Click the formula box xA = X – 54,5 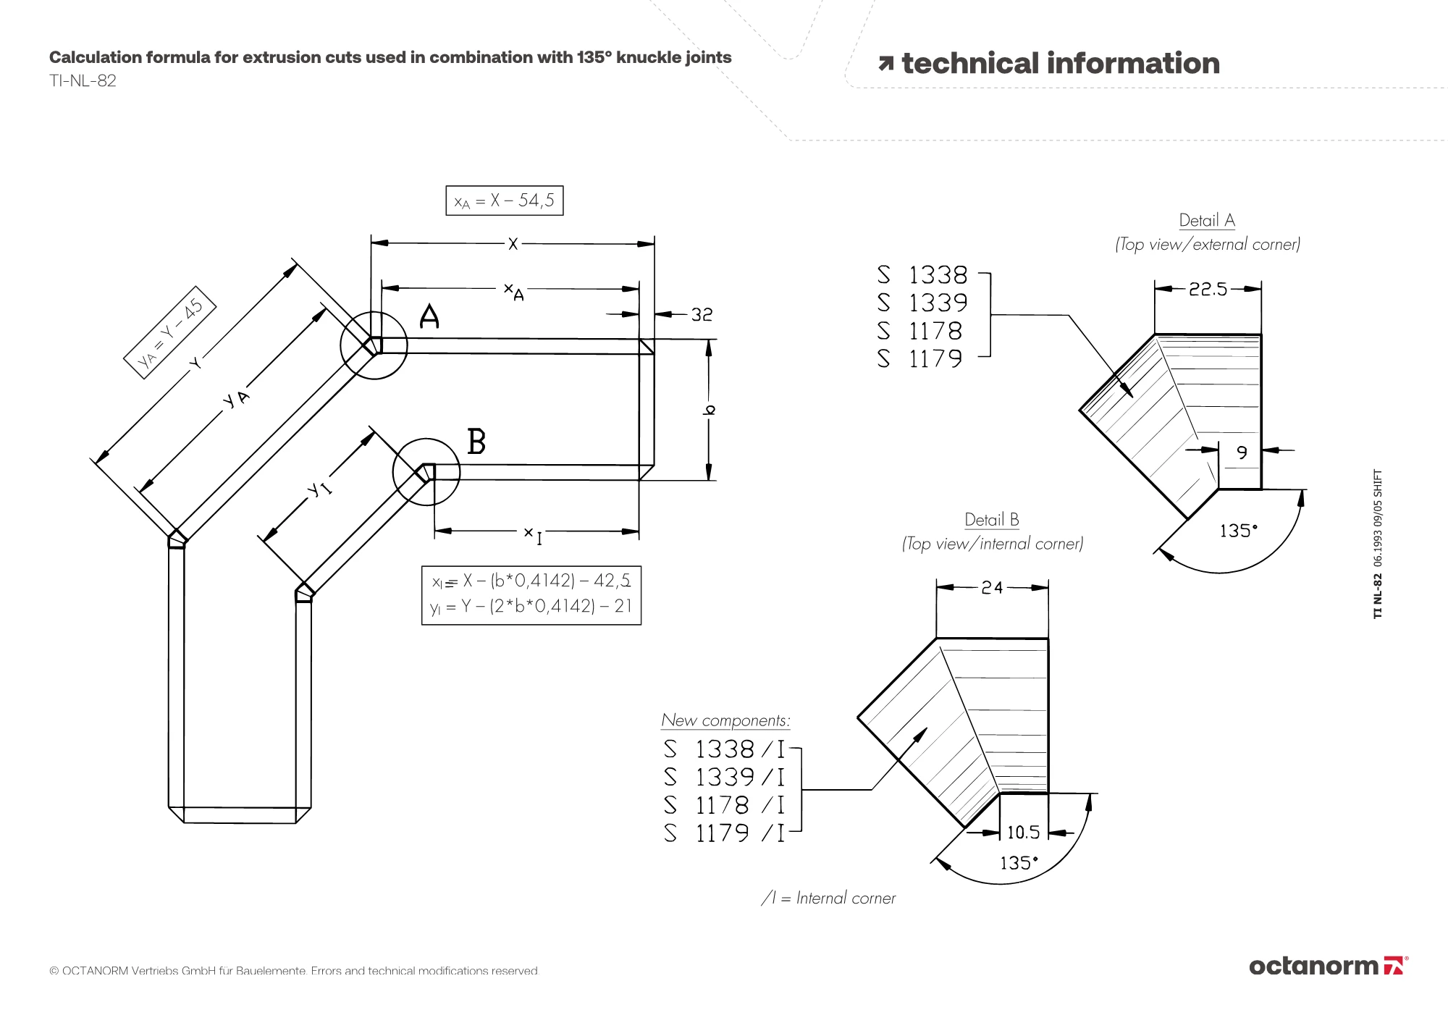504,201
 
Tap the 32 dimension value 702,315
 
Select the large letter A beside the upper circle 429,316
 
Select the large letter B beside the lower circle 476,442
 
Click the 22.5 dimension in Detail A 1208,290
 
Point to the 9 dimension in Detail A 1242,452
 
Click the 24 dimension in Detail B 992,588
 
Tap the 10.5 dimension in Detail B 1023,833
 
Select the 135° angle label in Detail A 1238,531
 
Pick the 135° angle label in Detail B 1019,863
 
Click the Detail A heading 1207,220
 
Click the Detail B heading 991,520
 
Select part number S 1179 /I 724,833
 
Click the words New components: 725,720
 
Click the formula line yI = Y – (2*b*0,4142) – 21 531,607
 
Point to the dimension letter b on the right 710,410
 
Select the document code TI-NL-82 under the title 83,80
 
